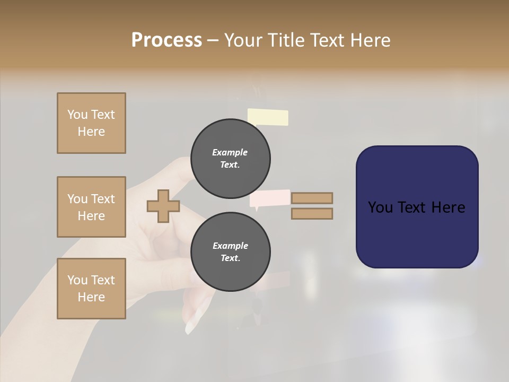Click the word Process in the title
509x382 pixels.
click(166, 40)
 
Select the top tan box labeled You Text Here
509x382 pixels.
click(91, 123)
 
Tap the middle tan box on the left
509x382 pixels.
click(91, 207)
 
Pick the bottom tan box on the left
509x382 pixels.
click(91, 289)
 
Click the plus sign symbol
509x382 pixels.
click(163, 206)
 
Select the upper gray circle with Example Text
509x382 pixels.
click(230, 159)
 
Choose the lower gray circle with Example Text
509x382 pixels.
click(230, 252)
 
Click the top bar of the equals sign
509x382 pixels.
click(312, 198)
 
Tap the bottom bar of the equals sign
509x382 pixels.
click(312, 213)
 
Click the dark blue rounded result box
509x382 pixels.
click(417, 207)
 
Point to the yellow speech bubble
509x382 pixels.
click(268, 117)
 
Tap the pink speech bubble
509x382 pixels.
click(269, 198)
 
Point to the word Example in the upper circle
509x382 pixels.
click(230, 152)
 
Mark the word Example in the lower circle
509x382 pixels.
click(230, 246)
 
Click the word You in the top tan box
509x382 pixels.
click(77, 115)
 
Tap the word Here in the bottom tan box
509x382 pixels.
click(91, 297)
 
